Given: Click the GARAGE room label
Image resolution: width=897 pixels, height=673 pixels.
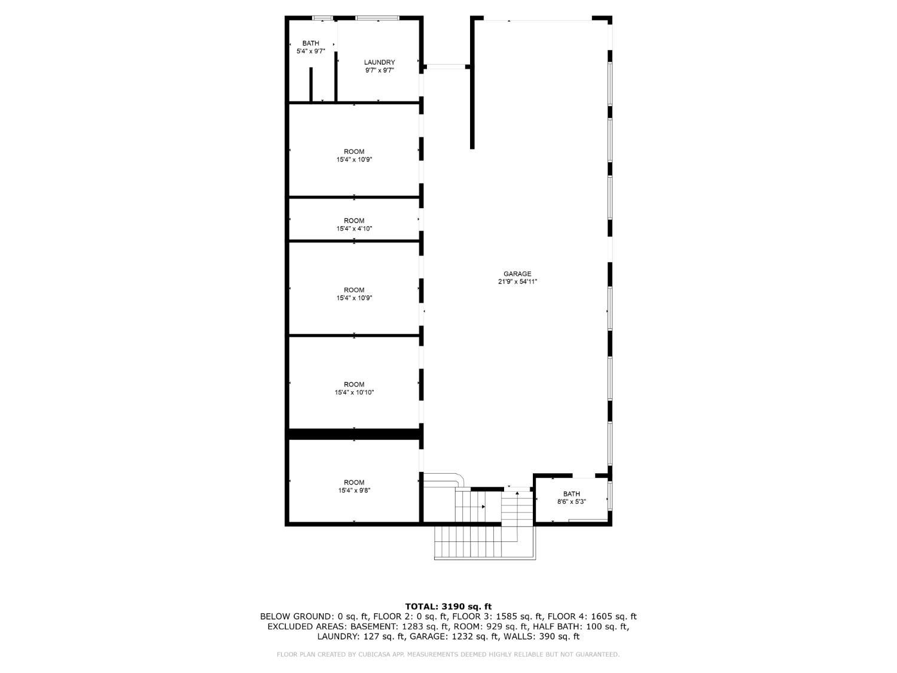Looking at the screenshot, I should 517,274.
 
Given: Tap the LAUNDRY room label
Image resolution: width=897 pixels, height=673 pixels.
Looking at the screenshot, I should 379,62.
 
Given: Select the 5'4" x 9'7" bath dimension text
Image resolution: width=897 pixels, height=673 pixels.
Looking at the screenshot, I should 310,51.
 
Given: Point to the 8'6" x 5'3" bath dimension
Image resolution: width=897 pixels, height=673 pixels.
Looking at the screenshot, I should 571,502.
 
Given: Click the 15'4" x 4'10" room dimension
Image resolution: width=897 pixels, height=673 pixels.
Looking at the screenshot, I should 354,229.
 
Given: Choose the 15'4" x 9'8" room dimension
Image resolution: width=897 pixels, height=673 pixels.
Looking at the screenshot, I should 354,491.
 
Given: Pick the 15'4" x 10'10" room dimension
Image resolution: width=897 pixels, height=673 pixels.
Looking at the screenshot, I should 354,392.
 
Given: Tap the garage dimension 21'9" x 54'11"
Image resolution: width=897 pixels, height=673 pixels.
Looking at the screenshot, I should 517,282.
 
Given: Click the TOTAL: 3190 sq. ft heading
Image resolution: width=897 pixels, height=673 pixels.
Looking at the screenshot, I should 448,607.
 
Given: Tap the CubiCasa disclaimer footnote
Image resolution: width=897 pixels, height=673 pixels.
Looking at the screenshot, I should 448,654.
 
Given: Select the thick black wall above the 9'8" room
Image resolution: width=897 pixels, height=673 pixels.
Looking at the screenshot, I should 354,435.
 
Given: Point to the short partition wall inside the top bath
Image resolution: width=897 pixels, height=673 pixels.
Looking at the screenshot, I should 311,84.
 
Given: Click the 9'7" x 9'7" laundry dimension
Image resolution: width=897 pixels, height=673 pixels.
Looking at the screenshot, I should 379,71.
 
